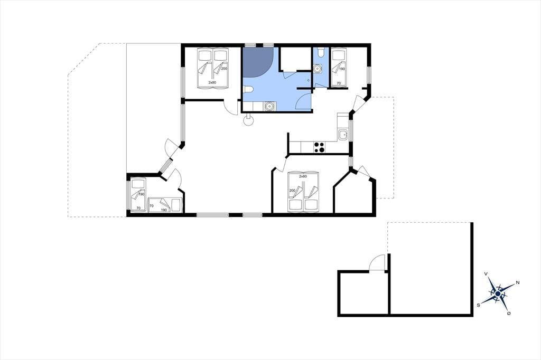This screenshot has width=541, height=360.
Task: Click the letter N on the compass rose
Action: coord(518,283)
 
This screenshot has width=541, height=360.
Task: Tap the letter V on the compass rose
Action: coord(486,274)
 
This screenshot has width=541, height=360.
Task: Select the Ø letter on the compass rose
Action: coord(509,314)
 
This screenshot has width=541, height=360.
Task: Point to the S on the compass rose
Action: coord(479,305)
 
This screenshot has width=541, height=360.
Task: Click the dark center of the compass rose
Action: coord(498,293)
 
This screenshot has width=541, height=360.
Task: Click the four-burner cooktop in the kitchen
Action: coord(319,147)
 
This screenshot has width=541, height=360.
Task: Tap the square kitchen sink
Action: coord(343,135)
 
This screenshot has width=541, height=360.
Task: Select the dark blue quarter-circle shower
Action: coord(258,61)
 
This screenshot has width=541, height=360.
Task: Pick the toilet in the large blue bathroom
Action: coord(248,90)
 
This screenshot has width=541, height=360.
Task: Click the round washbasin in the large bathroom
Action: coord(269,106)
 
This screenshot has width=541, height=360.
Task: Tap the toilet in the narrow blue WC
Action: coord(321,52)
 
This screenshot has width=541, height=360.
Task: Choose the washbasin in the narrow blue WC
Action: coord(318,69)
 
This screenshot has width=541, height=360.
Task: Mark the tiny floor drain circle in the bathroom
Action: coord(309,80)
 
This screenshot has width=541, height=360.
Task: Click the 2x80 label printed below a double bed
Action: coord(212,82)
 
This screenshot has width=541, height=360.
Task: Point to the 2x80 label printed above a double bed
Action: coord(303,176)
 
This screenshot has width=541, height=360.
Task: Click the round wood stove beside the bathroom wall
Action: coord(248,121)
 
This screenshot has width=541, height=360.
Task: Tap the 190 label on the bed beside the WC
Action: coord(342,69)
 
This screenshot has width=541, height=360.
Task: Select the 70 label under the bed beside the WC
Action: coord(339,83)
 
